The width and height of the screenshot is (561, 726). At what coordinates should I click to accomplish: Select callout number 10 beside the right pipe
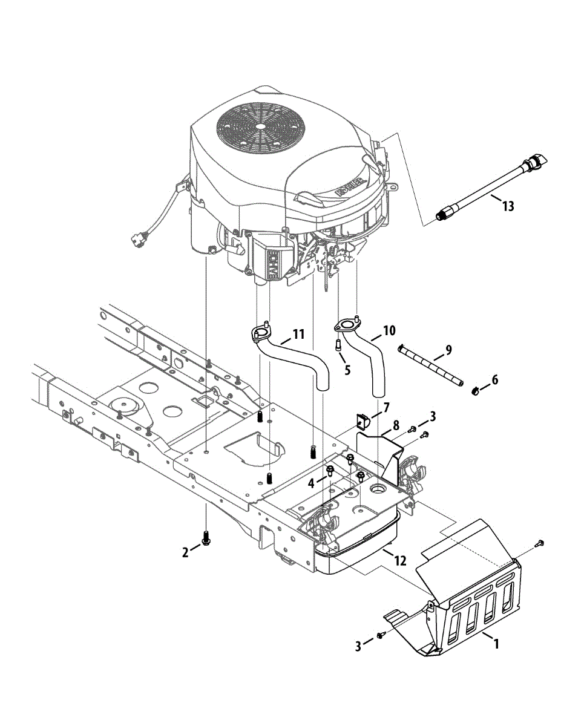pos(389,330)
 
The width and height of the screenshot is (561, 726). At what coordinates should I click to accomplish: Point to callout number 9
pos(448,349)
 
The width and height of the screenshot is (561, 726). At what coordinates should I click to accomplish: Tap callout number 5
pos(347,370)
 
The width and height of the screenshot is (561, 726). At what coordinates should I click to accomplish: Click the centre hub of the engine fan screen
pos(260,126)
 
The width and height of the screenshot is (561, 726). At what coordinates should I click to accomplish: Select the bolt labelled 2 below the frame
pos(206,536)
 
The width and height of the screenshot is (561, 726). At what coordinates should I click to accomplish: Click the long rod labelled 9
pos(430,365)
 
